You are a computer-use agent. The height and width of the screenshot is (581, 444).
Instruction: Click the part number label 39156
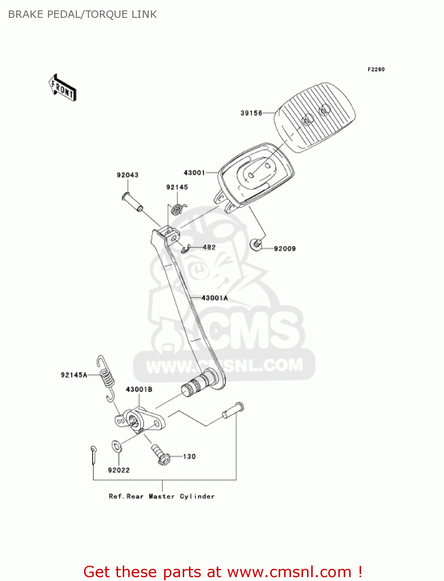(x=251, y=113)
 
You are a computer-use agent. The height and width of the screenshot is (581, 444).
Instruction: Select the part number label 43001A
(x=214, y=298)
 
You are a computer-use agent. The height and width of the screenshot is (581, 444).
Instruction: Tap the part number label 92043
(x=127, y=175)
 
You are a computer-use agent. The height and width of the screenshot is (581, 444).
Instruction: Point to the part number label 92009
(x=285, y=249)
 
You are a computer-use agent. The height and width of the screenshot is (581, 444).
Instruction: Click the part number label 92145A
(x=74, y=375)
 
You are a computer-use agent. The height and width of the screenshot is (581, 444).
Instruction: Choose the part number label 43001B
(x=139, y=389)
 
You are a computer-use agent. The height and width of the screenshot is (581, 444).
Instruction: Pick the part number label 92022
(x=119, y=470)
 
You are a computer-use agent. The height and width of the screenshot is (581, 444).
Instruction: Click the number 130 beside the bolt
(x=189, y=457)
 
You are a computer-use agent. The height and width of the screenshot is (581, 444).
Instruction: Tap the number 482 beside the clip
(x=209, y=247)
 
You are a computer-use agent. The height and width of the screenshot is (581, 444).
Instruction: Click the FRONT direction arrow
(x=62, y=88)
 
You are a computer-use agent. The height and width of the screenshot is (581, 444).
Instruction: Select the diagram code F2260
(x=376, y=69)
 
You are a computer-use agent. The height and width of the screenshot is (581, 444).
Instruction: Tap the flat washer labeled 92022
(x=117, y=447)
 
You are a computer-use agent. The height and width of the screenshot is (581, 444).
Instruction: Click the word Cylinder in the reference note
(x=197, y=497)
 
